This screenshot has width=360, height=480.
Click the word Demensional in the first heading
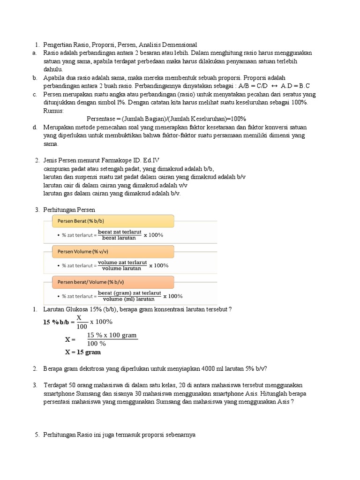pos(176,45)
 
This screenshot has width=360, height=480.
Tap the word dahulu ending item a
pos(53,69)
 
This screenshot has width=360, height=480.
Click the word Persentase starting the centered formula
pos(103,119)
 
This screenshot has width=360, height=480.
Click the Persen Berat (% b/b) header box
pos(109,221)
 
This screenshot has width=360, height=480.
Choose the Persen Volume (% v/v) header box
pos(109,251)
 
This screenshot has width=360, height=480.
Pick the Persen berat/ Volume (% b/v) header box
pos(109,282)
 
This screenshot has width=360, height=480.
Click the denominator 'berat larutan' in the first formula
pos(119,238)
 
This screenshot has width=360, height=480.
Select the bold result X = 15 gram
pos(82,352)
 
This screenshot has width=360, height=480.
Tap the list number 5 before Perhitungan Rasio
pos(37,435)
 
